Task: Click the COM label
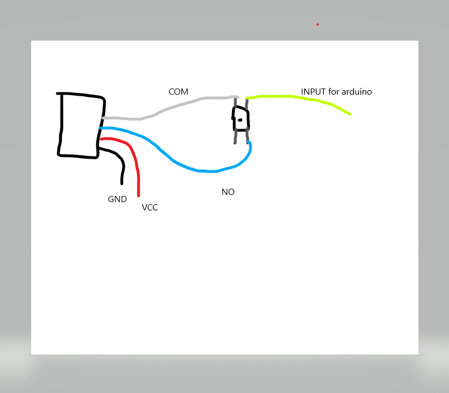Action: [x=179, y=91]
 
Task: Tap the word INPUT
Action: [x=313, y=91]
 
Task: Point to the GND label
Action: [x=117, y=199]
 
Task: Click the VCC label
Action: [x=150, y=208]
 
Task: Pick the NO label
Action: [x=228, y=191]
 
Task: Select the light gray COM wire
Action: [x=167, y=108]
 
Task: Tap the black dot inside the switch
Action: [x=240, y=120]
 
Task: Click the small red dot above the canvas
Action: [x=318, y=24]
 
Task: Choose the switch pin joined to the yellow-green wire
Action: [x=246, y=102]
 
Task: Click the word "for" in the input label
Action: [x=333, y=91]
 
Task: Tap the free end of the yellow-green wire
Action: [x=350, y=114]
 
